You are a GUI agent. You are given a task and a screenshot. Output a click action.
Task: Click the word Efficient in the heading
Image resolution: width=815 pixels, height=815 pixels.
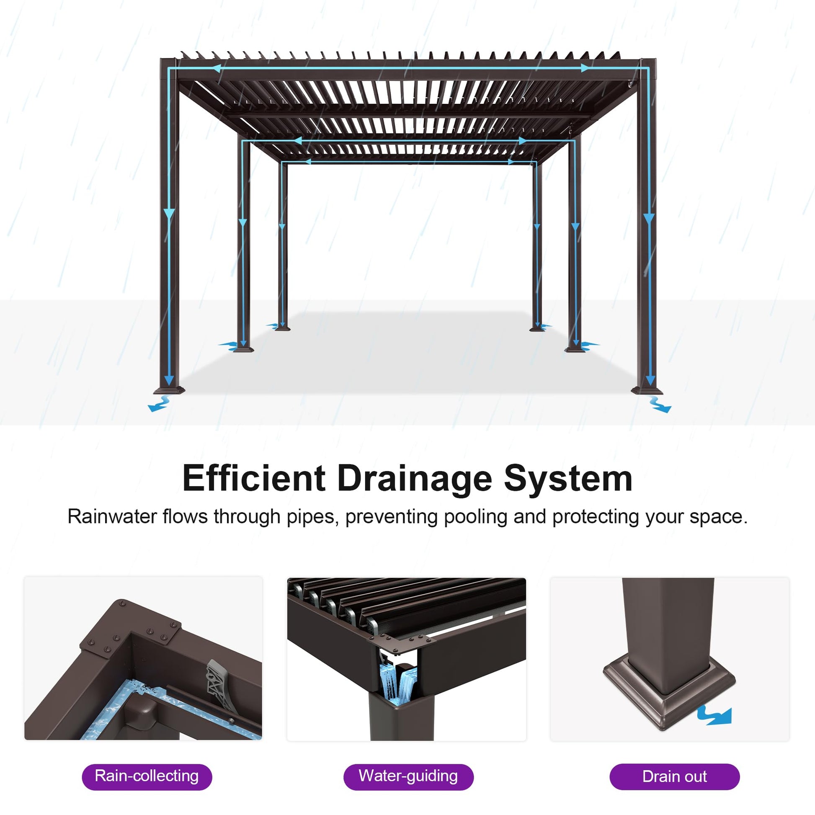tap(254, 478)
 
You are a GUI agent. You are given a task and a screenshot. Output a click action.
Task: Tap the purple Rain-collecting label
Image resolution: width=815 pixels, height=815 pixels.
tap(147, 776)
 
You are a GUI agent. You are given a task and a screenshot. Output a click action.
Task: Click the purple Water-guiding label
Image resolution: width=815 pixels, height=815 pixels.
tap(408, 776)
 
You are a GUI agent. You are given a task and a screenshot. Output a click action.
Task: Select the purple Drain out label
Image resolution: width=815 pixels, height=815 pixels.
tap(675, 776)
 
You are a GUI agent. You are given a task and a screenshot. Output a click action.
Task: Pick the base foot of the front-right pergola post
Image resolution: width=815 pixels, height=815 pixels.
tap(647, 390)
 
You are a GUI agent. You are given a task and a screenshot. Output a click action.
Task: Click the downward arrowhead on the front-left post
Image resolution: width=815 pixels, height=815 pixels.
tap(169, 214)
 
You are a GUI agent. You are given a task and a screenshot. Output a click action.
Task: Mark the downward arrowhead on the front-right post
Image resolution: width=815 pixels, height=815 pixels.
tap(649, 219)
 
